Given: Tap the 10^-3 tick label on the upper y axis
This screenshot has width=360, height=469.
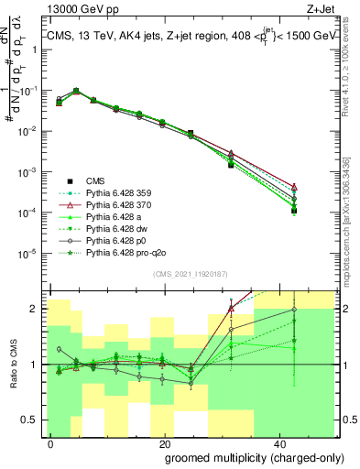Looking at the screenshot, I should [29, 172].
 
